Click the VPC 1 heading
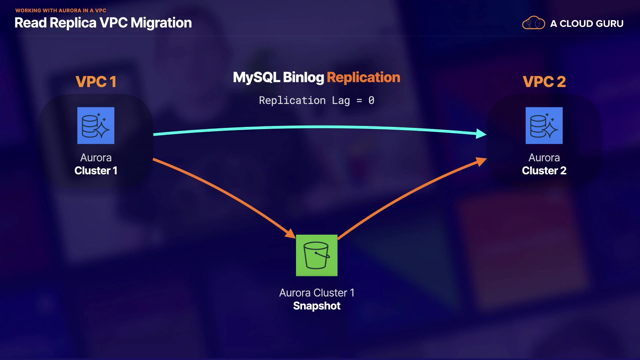(x=96, y=82)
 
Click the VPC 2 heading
(x=544, y=82)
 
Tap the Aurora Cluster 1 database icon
(x=96, y=125)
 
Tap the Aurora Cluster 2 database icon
(x=544, y=125)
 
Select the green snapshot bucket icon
(x=317, y=255)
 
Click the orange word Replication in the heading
(x=363, y=77)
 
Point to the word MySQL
(x=257, y=77)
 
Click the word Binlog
(x=303, y=77)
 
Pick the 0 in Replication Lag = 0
(x=371, y=100)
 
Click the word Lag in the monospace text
(x=341, y=101)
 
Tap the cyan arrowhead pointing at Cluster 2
(x=481, y=134)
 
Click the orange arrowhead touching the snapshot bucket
(x=291, y=233)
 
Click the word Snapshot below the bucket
(x=317, y=306)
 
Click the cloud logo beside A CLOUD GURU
(x=533, y=23)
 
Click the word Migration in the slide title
(x=161, y=23)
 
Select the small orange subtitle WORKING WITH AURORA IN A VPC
(x=61, y=10)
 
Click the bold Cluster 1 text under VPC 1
(x=96, y=171)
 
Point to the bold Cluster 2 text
(x=544, y=171)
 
